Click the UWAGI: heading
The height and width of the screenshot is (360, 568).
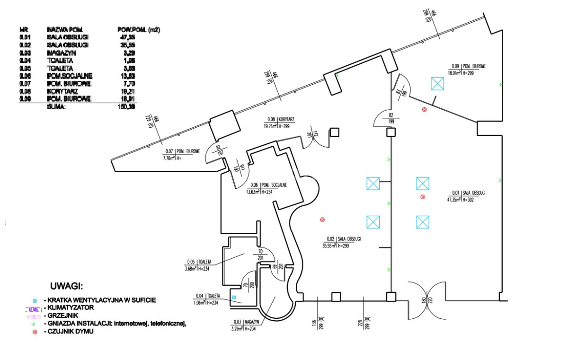[66, 287]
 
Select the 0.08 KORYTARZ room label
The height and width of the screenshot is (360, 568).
[279, 123]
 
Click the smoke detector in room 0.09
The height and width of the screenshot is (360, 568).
[424, 110]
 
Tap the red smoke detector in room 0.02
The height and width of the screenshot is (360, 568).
[323, 220]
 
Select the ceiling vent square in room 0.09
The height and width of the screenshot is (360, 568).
[438, 84]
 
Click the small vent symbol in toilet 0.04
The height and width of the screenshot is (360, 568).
[234, 297]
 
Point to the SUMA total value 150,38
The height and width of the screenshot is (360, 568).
[125, 107]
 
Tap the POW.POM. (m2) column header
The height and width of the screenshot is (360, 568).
[138, 29]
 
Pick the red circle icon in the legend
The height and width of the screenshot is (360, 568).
[35, 332]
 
